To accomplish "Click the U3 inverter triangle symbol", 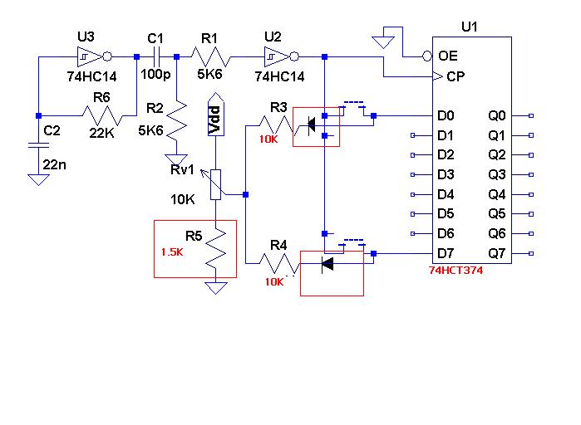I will click(87, 56).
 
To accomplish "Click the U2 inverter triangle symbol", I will click(274, 56).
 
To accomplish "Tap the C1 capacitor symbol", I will click(155, 56).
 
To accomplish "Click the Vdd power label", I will click(215, 120).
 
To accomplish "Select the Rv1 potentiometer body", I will click(216, 183).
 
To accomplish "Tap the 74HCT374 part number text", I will click(456, 271).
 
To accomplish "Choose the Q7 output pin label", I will click(498, 254).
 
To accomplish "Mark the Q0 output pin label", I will click(498, 115).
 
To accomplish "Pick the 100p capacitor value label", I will click(155, 75).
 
